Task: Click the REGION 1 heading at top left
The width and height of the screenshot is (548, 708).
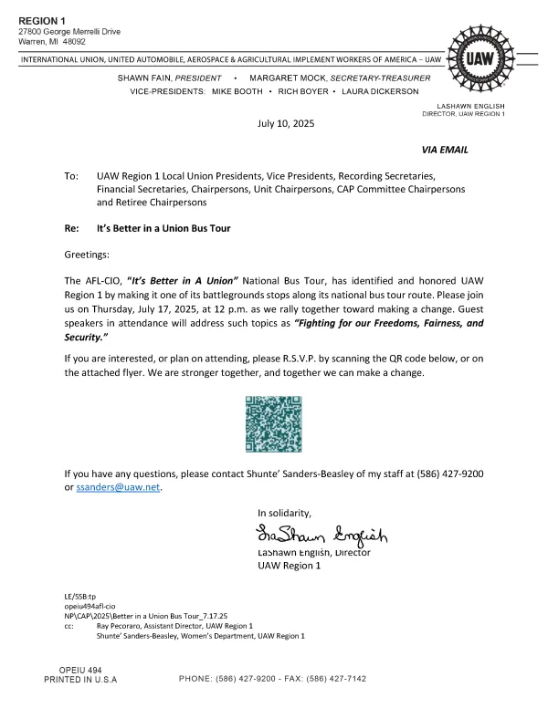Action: click(43, 20)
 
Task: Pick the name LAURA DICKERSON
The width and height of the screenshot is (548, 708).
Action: click(381, 91)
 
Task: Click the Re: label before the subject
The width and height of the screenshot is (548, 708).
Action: click(72, 227)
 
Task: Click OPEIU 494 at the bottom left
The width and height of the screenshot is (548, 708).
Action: click(80, 670)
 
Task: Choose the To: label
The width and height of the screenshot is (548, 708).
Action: click(71, 174)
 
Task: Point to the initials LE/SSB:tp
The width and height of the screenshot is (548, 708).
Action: click(81, 596)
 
